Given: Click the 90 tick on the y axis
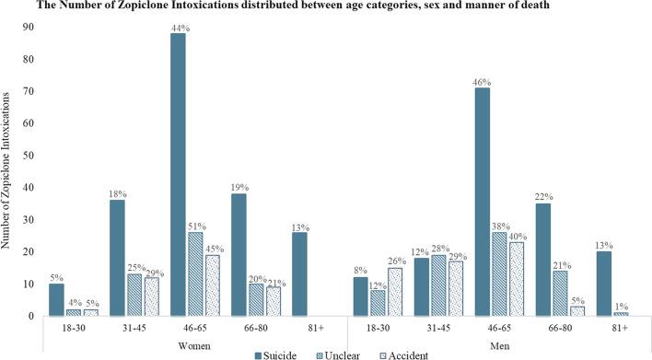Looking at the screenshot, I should point(31,28).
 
